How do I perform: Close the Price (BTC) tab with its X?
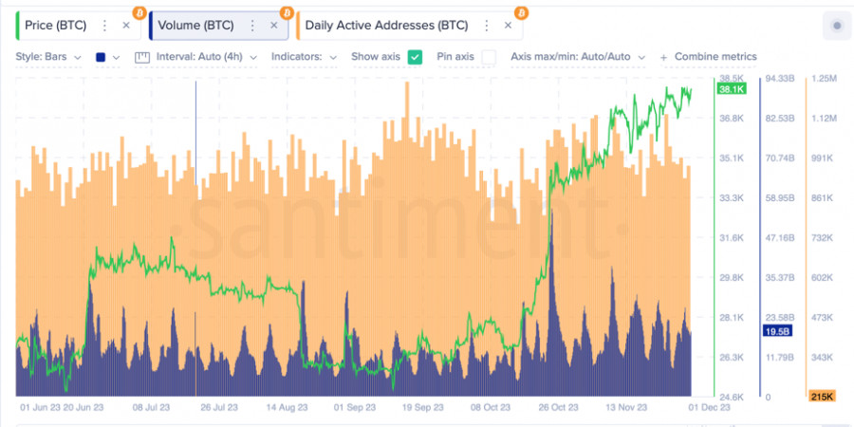click(126, 26)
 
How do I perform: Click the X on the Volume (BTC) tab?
click(273, 26)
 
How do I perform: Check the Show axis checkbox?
click(415, 57)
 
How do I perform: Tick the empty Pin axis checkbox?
click(489, 57)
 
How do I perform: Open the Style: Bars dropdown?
click(48, 57)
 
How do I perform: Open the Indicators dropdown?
click(304, 57)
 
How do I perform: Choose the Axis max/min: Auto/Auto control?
click(576, 57)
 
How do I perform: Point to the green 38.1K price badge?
click(732, 89)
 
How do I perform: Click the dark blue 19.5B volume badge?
click(776, 330)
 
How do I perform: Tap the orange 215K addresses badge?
click(820, 395)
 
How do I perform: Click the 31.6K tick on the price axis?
click(731, 237)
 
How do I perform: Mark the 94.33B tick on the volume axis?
click(779, 78)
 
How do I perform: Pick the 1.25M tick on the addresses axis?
click(822, 78)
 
